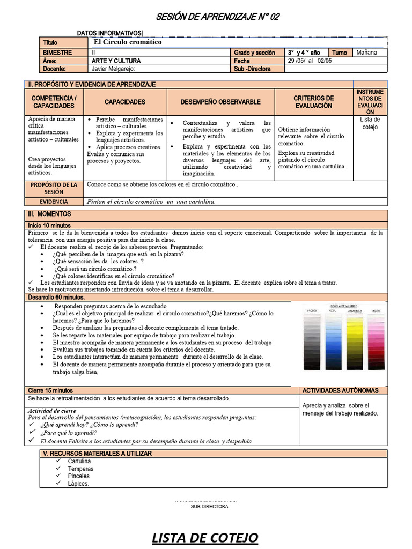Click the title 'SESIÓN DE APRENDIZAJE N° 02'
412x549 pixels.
(x=217, y=17)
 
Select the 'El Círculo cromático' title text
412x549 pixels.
(x=128, y=42)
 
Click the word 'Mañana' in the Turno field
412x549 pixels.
(x=367, y=53)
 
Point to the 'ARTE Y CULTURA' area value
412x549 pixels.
(x=113, y=61)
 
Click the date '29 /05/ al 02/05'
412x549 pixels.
(x=306, y=61)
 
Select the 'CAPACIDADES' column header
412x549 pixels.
(x=125, y=102)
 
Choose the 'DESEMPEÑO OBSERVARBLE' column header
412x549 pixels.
(x=220, y=102)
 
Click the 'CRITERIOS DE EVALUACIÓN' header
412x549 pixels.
(x=314, y=102)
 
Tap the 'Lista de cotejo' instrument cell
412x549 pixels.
(x=370, y=123)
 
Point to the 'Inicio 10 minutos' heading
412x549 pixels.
(x=49, y=226)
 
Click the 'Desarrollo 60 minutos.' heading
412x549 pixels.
(x=56, y=297)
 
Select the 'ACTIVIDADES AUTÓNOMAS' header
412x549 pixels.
(x=340, y=390)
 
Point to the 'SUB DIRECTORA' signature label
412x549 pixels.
(x=209, y=506)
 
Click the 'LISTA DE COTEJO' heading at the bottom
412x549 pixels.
(x=205, y=537)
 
